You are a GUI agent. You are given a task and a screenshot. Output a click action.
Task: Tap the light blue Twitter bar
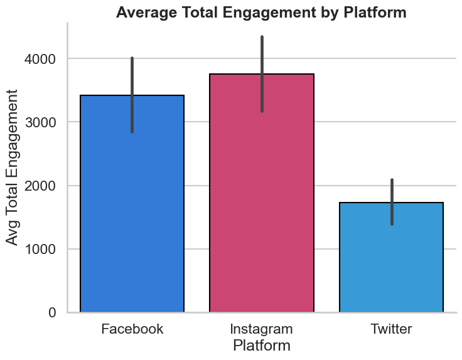pos(391,257)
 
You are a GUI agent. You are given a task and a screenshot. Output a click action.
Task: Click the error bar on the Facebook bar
pos(132,95)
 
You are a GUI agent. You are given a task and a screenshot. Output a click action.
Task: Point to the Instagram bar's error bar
pos(262,74)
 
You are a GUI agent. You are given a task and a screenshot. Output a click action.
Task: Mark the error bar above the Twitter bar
pos(392,201)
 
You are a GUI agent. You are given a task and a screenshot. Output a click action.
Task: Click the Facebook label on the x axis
pos(132,329)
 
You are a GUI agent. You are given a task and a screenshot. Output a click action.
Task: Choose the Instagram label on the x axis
pos(262,329)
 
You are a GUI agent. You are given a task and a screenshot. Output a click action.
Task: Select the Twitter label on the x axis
pos(391,329)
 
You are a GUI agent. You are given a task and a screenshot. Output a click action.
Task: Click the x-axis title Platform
pos(262,346)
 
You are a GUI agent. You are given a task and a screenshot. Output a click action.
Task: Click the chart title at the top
pos(262,12)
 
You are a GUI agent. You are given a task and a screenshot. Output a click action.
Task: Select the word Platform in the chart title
pos(376,12)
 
